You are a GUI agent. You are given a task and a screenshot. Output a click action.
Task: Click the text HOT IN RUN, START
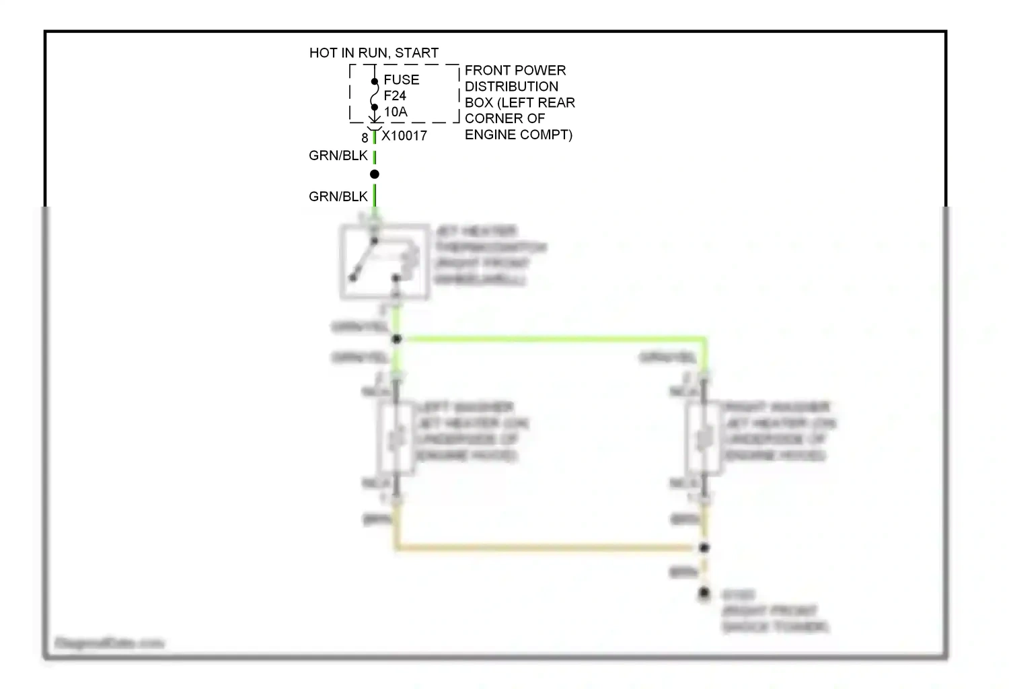click(x=373, y=53)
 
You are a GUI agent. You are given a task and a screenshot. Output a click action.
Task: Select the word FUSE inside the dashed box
click(x=402, y=80)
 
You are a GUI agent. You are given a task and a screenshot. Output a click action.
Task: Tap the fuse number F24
click(x=395, y=96)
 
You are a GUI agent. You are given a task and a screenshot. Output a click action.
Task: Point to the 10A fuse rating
click(x=396, y=112)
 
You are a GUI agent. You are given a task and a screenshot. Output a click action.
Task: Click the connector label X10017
click(x=404, y=136)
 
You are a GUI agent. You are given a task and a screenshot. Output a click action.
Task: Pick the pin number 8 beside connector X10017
click(x=365, y=138)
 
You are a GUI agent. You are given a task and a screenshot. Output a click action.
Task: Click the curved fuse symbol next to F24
click(x=375, y=95)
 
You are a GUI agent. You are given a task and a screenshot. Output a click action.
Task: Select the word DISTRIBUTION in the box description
click(x=511, y=87)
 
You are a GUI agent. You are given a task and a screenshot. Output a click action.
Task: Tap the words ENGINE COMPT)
click(x=519, y=135)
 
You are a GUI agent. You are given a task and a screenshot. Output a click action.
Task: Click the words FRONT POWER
click(x=515, y=71)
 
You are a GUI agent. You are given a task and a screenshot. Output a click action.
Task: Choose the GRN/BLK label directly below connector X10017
click(x=338, y=156)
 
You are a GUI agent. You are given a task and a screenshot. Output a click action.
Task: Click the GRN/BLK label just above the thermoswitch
click(x=338, y=197)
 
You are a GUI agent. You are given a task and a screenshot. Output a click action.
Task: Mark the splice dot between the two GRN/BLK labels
click(x=375, y=174)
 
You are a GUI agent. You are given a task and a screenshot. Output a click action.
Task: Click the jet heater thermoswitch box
click(x=385, y=262)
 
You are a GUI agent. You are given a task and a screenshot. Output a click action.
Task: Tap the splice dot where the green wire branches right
click(x=396, y=339)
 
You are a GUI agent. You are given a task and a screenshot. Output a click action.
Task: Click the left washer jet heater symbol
click(x=396, y=438)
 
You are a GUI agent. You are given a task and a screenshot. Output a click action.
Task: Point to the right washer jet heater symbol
click(x=703, y=438)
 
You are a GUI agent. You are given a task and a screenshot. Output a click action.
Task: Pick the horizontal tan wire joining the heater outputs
click(x=548, y=548)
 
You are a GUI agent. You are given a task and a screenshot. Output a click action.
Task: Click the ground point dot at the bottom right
click(x=704, y=593)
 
